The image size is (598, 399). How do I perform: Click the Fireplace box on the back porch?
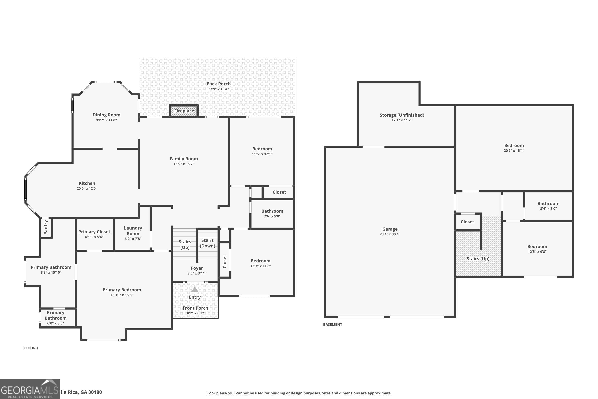tap(184, 111)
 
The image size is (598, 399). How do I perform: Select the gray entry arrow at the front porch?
tap(195, 290)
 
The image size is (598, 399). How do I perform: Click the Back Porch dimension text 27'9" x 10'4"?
tap(218, 89)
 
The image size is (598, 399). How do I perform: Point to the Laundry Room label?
tap(133, 231)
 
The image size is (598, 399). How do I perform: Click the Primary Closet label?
tap(94, 232)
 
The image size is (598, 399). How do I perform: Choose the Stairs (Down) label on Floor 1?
tap(208, 243)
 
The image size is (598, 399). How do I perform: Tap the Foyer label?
tap(197, 268)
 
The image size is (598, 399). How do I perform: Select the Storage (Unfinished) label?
tap(401, 115)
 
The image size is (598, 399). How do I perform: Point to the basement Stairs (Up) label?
tap(478, 259)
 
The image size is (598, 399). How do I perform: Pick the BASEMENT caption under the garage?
tap(332, 324)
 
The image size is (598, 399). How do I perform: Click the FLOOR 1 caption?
tap(31, 348)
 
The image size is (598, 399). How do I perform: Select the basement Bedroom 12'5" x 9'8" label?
tap(537, 247)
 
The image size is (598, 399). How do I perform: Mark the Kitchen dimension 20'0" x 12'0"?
tap(87, 189)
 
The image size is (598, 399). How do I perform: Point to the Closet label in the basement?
tap(467, 222)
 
